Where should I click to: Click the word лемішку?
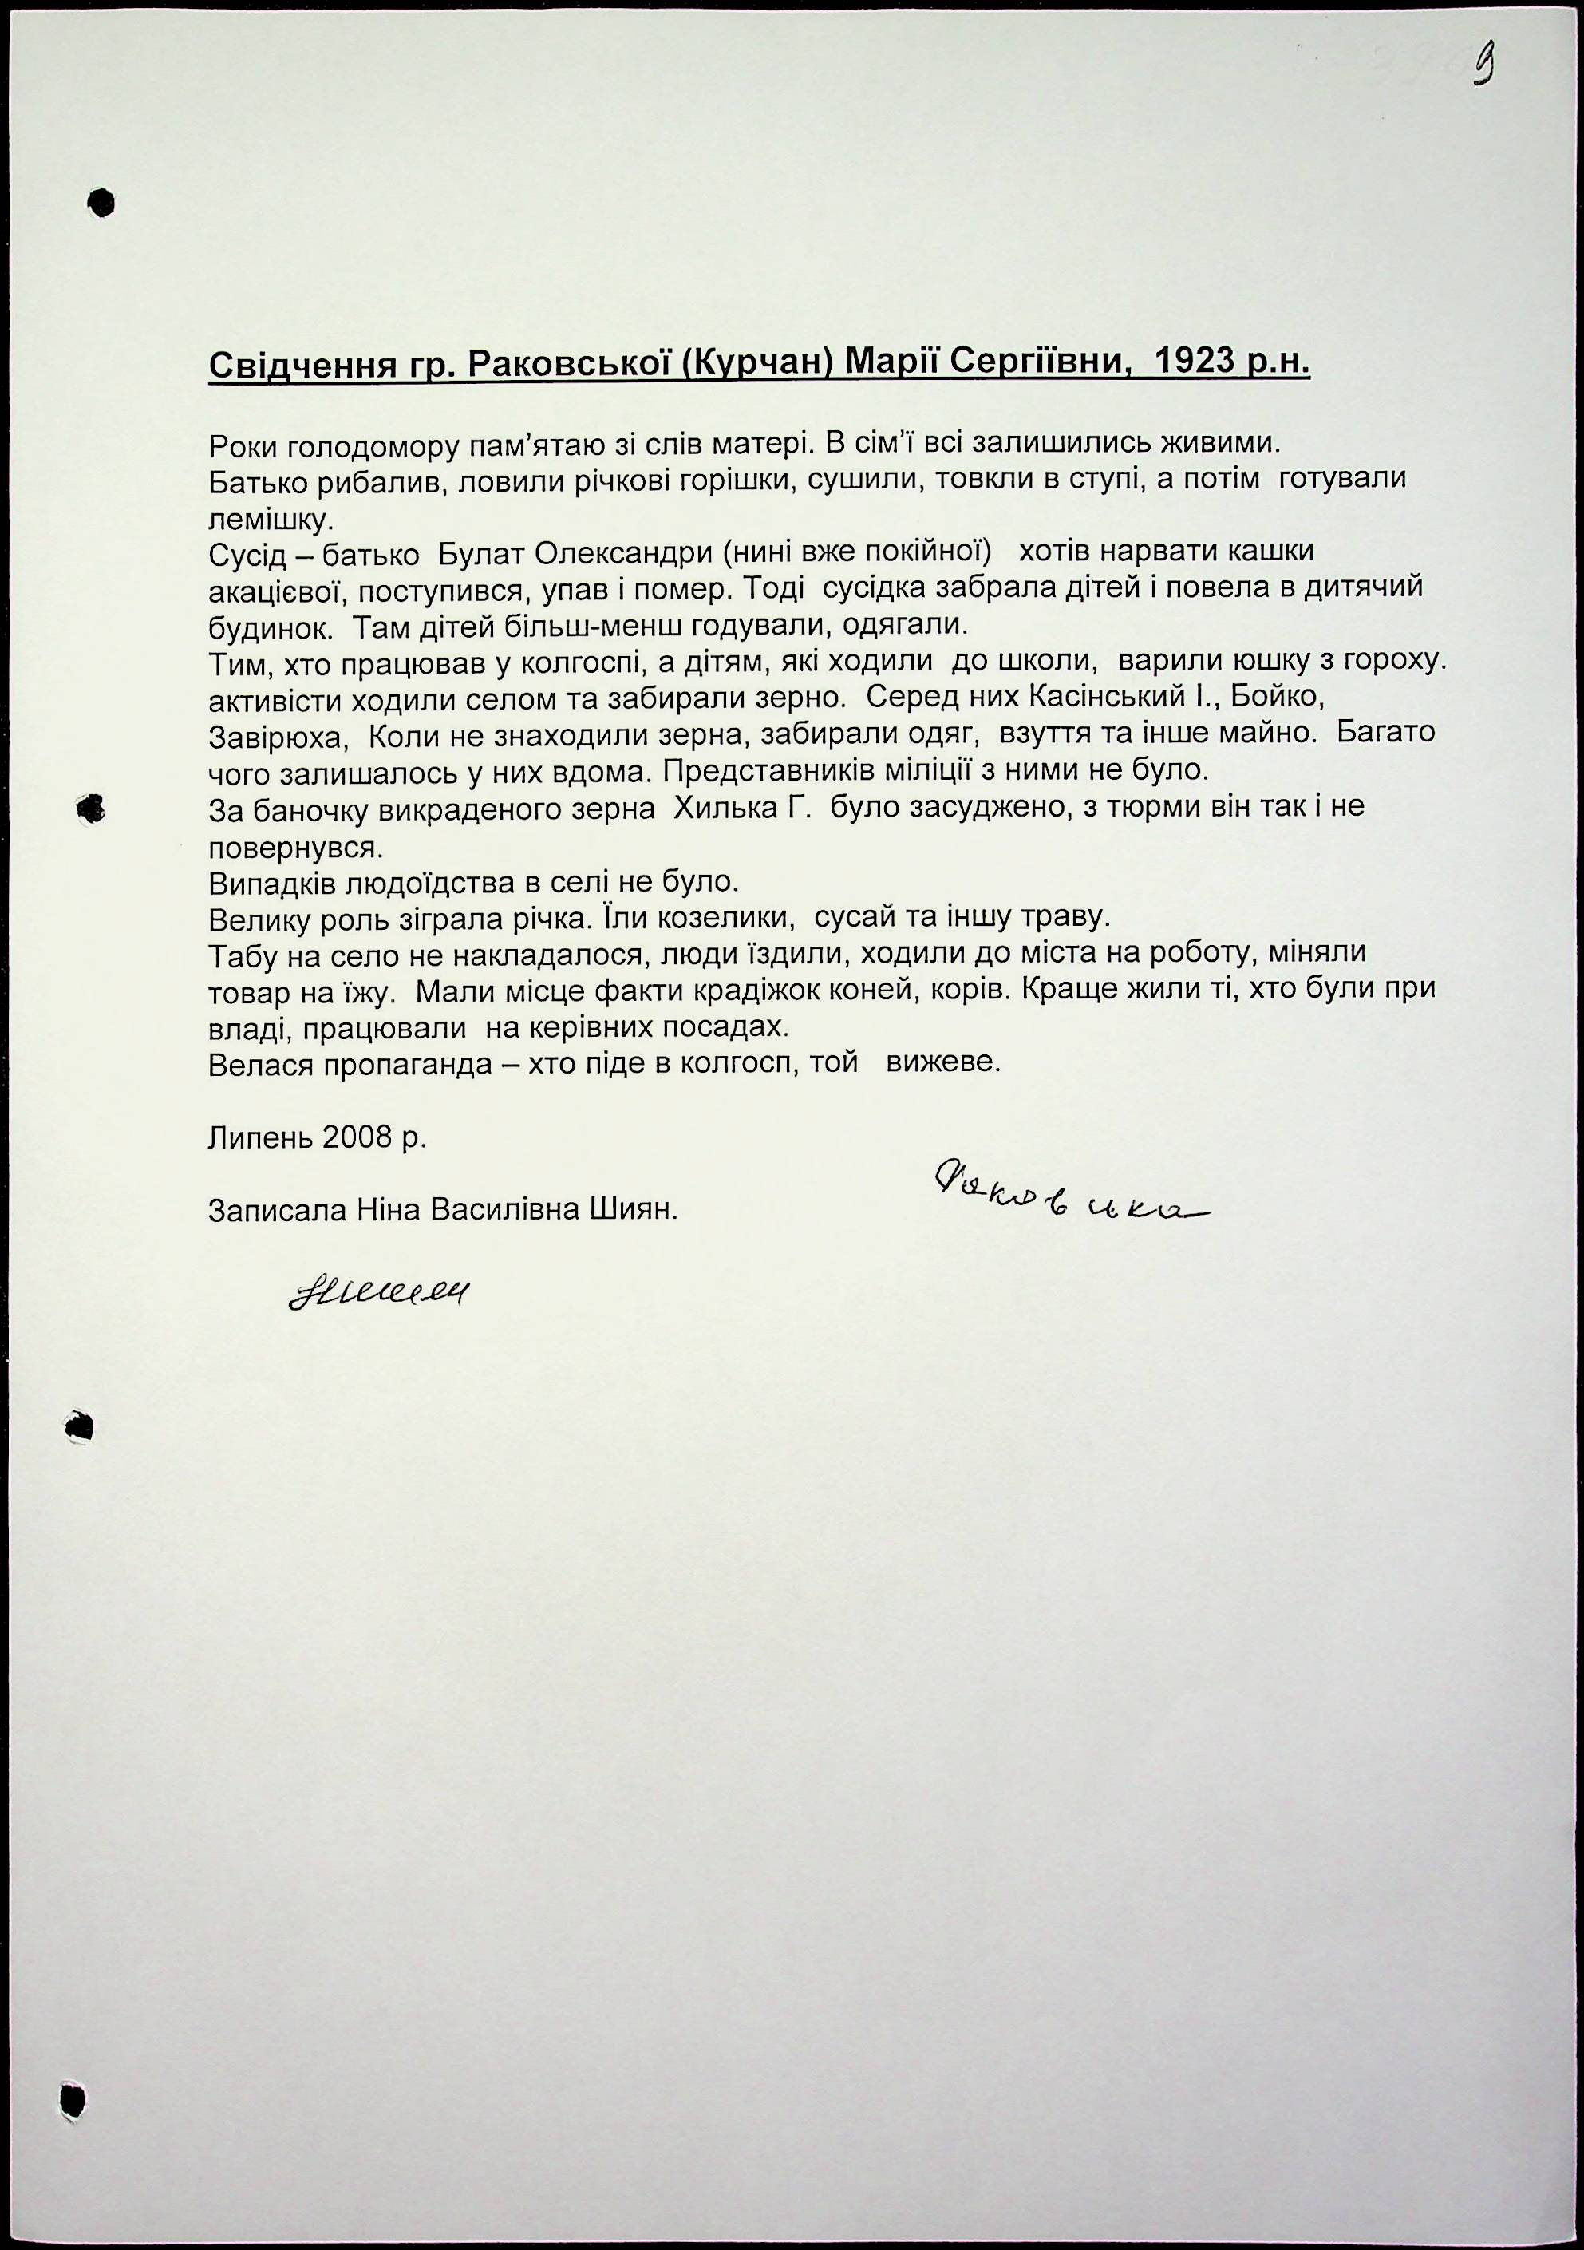[271, 520]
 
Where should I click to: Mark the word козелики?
[728, 918]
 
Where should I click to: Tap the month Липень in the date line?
[258, 1137]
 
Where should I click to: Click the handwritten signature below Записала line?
[378, 1294]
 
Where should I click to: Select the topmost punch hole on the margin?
[101, 203]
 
